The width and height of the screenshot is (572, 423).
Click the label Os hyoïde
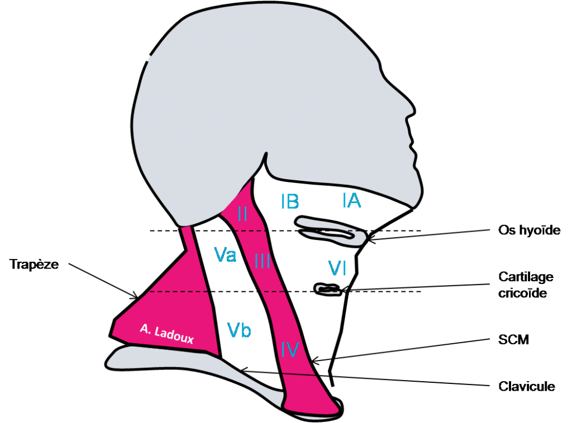529,230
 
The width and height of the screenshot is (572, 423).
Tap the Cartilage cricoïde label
526,285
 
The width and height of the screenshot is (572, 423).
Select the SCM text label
513,339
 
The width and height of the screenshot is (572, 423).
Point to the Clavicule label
526,386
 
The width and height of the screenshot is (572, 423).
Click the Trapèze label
34,264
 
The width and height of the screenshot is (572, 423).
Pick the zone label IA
352,200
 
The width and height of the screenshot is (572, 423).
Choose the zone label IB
290,201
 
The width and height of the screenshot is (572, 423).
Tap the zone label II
242,214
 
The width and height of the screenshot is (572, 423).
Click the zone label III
263,261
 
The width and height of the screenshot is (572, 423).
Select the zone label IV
290,349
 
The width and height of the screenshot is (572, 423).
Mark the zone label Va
225,254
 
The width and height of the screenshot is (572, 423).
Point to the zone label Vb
239,330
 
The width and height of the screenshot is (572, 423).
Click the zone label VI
337,268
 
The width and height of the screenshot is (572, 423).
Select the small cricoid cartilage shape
328,290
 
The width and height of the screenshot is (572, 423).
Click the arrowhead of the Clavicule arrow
243,370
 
